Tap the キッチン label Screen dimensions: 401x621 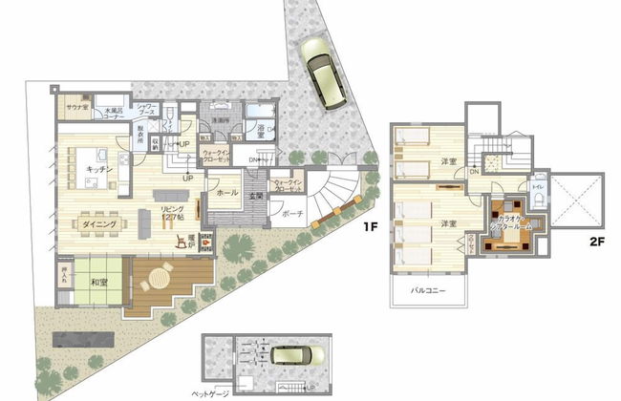click(99, 168)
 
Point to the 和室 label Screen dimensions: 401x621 click(99, 283)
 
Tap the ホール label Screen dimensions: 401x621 click(227, 192)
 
